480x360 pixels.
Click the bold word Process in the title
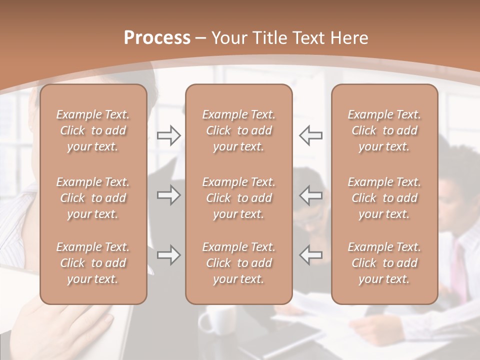pos(157,38)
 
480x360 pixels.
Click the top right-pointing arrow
pos(168,135)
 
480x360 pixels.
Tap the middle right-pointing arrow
pos(168,195)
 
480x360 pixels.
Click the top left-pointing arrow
pos(311,135)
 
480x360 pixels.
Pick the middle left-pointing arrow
pos(311,195)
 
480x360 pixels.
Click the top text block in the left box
pos(93,130)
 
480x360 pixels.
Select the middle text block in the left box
pos(93,198)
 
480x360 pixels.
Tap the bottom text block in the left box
pos(93,263)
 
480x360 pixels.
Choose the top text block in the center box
pos(238,130)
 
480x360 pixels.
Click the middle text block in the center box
pos(238,198)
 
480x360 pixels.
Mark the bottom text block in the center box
pos(238,263)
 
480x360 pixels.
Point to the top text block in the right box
pos(384,130)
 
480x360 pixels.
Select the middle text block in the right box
pos(384,198)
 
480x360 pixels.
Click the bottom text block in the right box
pos(384,263)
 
